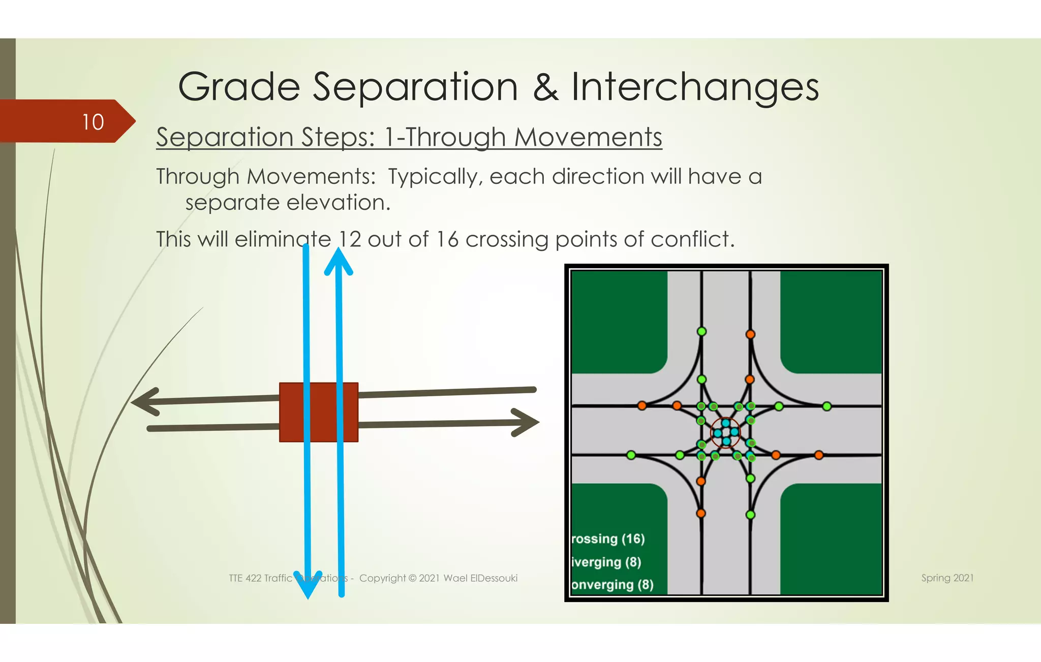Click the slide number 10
(93, 122)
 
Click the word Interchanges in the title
(695, 87)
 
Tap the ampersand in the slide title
(545, 87)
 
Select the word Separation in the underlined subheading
(224, 137)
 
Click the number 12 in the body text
(350, 239)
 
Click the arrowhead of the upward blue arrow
(339, 261)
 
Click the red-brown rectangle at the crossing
(319, 412)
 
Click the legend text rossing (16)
(608, 539)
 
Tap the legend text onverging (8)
(612, 585)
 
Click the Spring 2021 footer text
(947, 578)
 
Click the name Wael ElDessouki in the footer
(480, 578)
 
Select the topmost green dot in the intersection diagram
(701, 332)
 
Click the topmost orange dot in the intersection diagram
(750, 334)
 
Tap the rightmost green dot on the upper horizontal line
(827, 406)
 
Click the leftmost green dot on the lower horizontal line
(631, 455)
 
